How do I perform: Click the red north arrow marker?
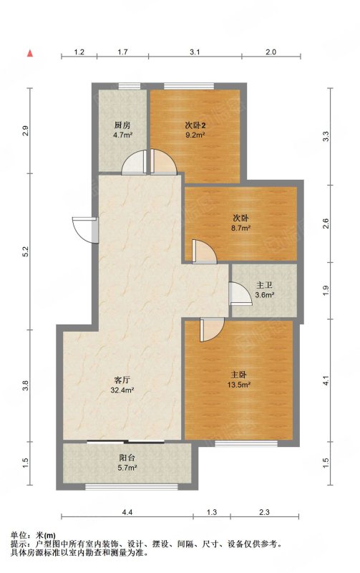pyautogui.click(x=30, y=53)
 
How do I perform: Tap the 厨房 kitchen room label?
pyautogui.click(x=122, y=125)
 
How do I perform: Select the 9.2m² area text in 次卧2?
pyautogui.click(x=195, y=135)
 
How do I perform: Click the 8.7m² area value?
pyautogui.click(x=241, y=228)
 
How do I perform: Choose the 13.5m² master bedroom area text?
pyautogui.click(x=239, y=385)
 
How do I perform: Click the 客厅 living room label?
pyautogui.click(x=122, y=380)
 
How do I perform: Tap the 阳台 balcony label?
pyautogui.click(x=127, y=458)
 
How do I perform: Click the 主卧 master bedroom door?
pyautogui.click(x=211, y=329)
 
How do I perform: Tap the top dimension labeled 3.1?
pyautogui.click(x=195, y=52)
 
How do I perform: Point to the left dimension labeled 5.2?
pyautogui.click(x=25, y=251)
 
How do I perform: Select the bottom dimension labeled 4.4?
pyautogui.click(x=127, y=512)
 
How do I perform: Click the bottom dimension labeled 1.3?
pyautogui.click(x=212, y=512)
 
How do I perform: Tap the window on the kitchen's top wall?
pyautogui.click(x=130, y=86)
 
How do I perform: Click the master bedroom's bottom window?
pyautogui.click(x=246, y=443)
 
